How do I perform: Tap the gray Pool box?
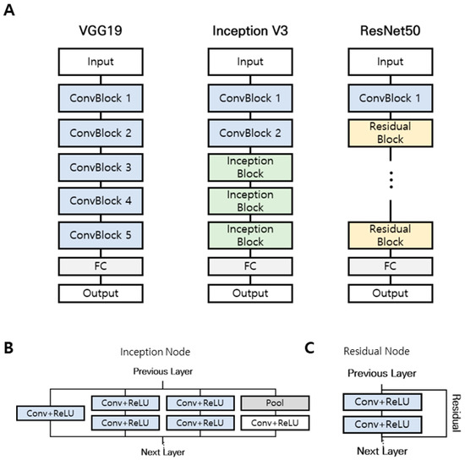(x=275, y=403)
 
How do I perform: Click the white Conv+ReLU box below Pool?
(x=275, y=421)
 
